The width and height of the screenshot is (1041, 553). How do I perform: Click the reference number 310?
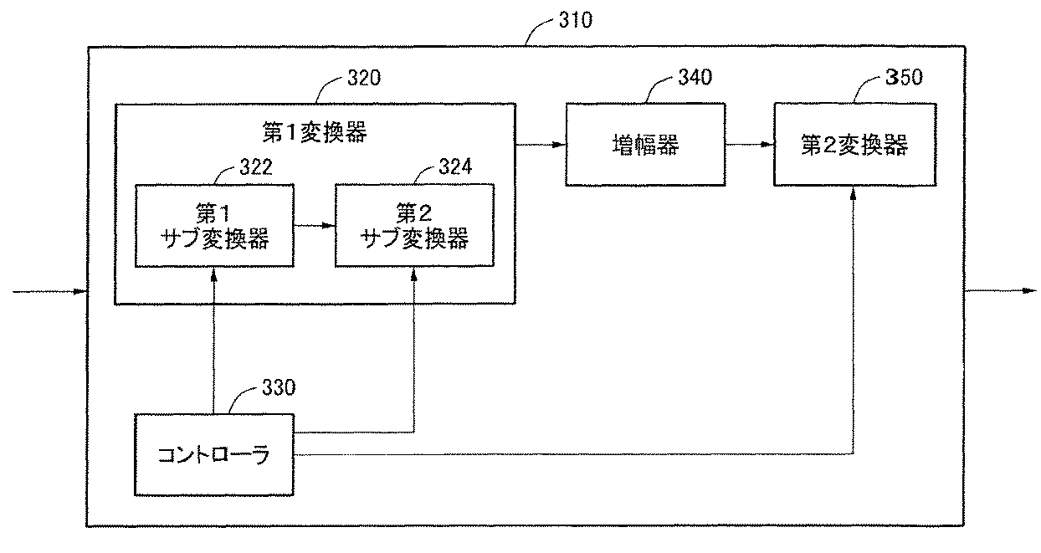576,20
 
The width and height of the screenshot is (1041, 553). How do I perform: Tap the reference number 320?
364,78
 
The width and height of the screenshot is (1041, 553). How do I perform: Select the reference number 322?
255,167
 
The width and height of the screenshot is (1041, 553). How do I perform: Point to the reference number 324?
455,167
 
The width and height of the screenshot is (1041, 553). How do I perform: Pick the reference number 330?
279,387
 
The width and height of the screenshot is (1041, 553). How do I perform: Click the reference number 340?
695,77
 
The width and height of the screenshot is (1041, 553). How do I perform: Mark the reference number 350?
904,77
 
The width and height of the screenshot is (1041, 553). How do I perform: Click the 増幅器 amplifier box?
645,145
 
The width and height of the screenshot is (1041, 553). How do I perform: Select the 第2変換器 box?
855,145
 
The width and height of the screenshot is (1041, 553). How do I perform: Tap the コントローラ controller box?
214,455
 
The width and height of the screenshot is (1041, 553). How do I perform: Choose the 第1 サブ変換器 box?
214,226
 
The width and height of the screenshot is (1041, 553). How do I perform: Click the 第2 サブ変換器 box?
414,225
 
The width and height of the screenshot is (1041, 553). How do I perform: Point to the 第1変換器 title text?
315,132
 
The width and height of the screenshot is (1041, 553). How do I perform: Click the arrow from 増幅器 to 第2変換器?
750,145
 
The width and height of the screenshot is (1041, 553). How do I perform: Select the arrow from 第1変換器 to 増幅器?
541,145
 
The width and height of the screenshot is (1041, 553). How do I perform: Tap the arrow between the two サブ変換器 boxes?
315,226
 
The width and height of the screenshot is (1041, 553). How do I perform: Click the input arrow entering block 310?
50,292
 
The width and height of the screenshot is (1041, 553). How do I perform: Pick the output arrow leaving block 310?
1001,291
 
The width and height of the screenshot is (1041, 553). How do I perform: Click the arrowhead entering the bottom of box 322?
213,274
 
